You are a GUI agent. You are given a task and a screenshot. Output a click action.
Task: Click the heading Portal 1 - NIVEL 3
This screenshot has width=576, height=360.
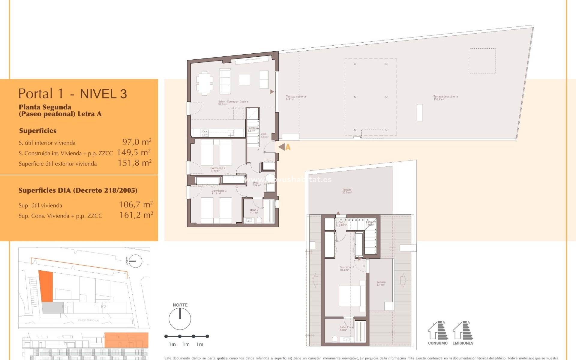point(73,94)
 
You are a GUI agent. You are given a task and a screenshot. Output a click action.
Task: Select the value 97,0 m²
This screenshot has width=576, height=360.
point(136,142)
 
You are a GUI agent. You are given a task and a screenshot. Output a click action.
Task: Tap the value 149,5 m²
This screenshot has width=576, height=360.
point(133,152)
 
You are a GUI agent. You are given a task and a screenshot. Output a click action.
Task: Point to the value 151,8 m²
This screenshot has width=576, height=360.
point(134,163)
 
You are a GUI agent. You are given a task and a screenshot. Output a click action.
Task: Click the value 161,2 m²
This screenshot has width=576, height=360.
point(136,215)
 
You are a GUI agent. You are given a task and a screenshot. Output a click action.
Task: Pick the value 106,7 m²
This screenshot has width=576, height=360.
point(136,205)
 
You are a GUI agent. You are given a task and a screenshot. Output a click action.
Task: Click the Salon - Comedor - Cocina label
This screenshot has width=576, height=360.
point(233,103)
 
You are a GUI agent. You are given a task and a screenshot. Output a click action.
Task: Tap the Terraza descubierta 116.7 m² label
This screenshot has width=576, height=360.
point(445,98)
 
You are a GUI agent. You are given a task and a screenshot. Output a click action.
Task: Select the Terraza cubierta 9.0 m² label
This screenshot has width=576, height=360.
point(295,98)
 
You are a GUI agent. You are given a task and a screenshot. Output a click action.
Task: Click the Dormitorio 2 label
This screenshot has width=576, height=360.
point(217,169)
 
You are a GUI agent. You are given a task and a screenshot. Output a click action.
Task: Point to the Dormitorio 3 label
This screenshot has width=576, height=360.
point(219,192)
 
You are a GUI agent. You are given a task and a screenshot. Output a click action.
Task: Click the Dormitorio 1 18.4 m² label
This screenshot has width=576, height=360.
point(346,268)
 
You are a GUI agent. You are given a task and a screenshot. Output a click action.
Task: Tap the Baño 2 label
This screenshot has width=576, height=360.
point(254,211)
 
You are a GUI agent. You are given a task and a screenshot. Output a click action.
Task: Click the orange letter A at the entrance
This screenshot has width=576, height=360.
point(288,147)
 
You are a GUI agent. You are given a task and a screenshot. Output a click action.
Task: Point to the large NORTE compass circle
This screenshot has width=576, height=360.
point(180,319)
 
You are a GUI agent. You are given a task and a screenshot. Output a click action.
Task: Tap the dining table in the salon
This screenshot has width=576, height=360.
point(205,83)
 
